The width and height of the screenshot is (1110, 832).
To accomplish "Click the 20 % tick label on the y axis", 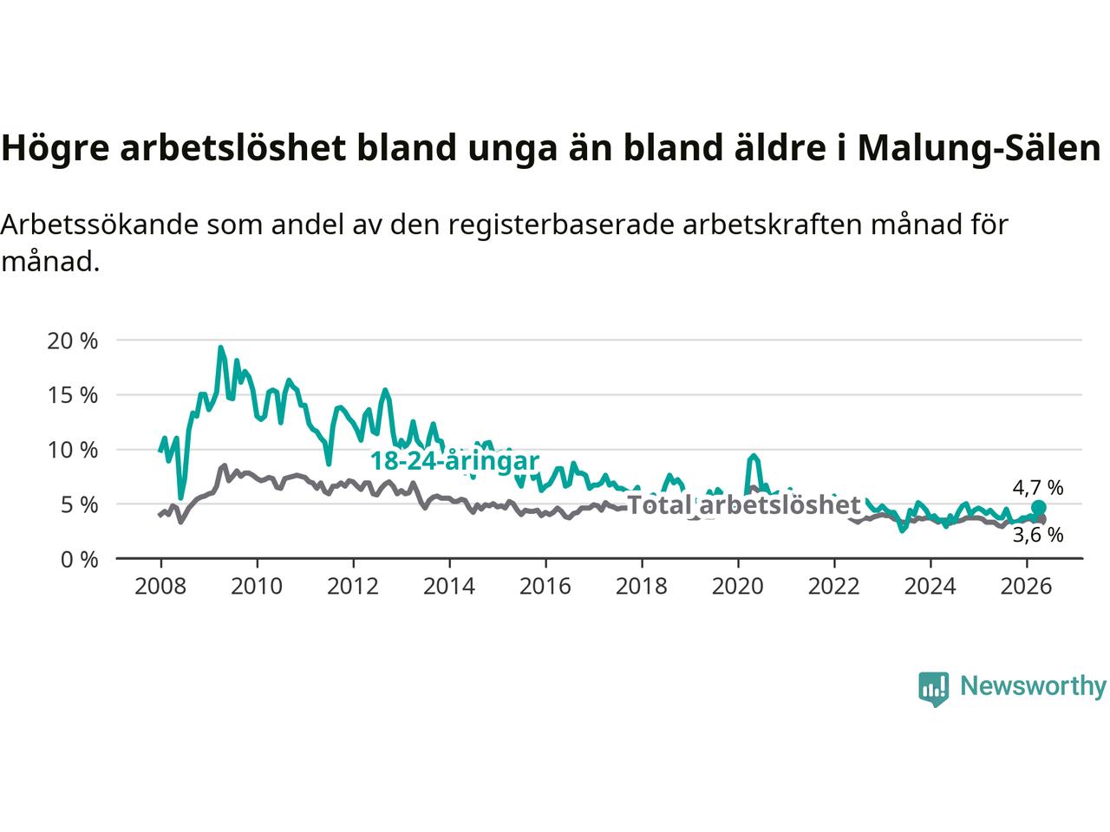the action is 72,341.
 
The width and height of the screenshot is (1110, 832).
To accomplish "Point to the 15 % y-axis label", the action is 72,395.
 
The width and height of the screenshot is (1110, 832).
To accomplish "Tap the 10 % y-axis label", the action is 72,450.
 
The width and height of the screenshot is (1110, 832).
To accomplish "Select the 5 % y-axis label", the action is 80,504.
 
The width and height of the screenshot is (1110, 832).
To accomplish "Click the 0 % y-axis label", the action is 80,560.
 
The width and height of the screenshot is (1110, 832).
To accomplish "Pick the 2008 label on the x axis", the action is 160,587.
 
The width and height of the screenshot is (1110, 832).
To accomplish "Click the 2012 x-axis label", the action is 353,587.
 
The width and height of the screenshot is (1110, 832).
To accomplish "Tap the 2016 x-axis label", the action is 545,587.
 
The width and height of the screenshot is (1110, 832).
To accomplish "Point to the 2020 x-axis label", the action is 738,587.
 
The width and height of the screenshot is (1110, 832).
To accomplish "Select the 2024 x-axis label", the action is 930,587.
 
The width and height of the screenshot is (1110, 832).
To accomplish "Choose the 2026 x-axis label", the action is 1026,587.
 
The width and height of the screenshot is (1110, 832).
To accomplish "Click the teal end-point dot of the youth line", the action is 1038,507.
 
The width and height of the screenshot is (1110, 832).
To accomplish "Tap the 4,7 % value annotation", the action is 1038,487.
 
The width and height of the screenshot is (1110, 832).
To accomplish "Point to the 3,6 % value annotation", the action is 1038,535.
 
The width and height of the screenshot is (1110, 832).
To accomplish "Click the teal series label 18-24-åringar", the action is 455,461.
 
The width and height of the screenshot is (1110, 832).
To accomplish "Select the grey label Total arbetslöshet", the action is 744,504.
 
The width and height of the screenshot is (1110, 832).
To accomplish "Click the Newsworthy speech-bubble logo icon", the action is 933,689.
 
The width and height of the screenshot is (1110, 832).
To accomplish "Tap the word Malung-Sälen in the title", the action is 979,148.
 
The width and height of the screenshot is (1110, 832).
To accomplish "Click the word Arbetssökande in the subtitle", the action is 100,224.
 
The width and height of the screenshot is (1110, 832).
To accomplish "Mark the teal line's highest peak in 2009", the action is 220,347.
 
